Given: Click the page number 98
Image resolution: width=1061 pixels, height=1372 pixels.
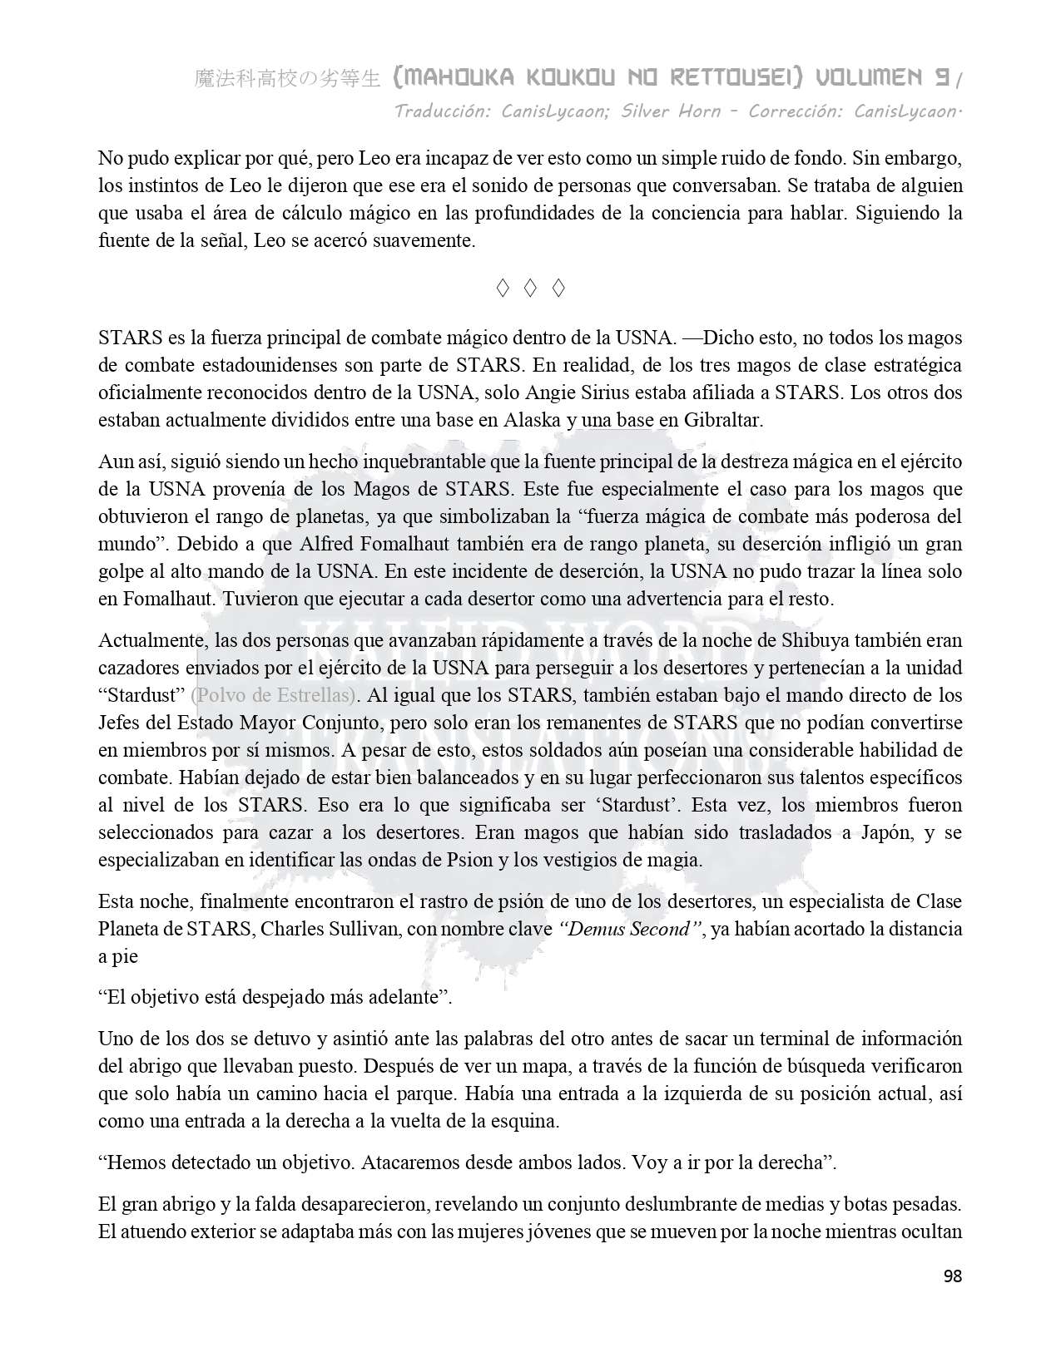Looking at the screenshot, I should click(952, 1276).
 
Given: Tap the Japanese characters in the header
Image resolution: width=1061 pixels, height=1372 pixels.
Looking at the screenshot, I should click(288, 79).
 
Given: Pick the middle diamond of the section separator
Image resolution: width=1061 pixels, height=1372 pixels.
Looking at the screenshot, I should click(530, 289).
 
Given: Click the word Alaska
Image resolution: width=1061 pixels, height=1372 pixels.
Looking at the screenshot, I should click(532, 420).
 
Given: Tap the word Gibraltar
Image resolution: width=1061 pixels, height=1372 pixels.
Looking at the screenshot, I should click(721, 420).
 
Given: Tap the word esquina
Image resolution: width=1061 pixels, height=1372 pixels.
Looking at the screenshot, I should click(528, 1121).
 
